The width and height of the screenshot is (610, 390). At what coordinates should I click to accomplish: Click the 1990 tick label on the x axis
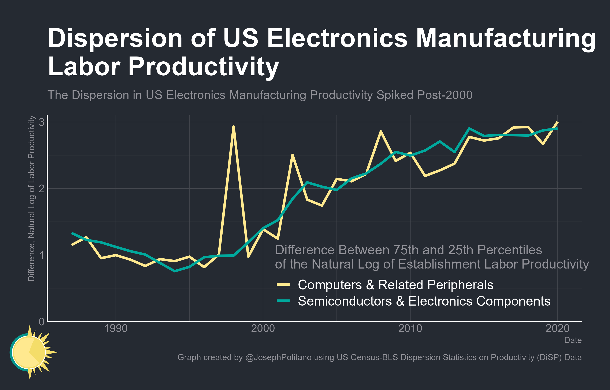pyautogui.click(x=116, y=328)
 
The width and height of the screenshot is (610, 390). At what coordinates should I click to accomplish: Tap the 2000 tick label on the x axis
pyautogui.click(x=263, y=328)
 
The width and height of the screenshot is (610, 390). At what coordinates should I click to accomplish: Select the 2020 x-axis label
pyautogui.click(x=557, y=328)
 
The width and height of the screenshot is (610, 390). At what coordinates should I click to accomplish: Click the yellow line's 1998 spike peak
pyautogui.click(x=234, y=127)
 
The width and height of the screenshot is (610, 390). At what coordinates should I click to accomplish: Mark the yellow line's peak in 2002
pyautogui.click(x=292, y=155)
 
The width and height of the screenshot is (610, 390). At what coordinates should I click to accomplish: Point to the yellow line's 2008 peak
pyautogui.click(x=380, y=131)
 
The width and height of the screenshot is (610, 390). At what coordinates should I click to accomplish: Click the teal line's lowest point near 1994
pyautogui.click(x=175, y=271)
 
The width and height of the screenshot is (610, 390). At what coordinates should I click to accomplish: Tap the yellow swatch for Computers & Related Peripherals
pyautogui.click(x=283, y=285)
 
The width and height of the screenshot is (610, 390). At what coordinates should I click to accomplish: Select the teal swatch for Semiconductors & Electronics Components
pyautogui.click(x=283, y=301)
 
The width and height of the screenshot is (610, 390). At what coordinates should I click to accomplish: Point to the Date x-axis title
pyautogui.click(x=573, y=340)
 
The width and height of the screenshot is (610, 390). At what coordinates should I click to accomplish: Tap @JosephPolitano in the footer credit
pyautogui.click(x=278, y=357)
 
